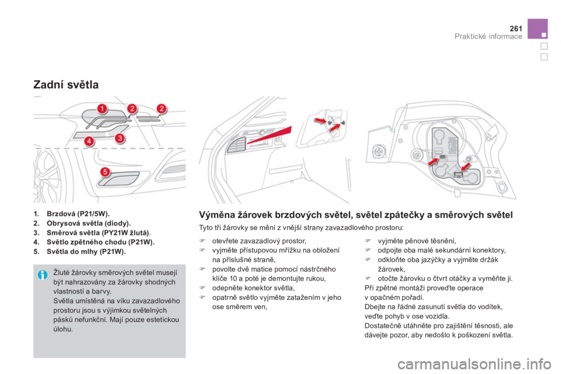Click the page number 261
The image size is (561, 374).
pyautogui.click(x=516, y=29)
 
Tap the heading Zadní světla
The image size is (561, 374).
pyautogui.click(x=66, y=85)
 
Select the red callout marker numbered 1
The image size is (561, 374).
pyautogui.click(x=102, y=109)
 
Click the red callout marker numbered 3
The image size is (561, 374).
pyautogui.click(x=120, y=138)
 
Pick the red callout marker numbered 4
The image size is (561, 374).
pyautogui.click(x=89, y=141)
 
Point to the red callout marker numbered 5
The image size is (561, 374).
pyautogui.click(x=105, y=172)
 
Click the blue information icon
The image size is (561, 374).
pyautogui.click(x=42, y=275)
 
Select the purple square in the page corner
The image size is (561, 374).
pyautogui.click(x=538, y=29)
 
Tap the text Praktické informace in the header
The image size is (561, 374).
pyautogui.click(x=488, y=36)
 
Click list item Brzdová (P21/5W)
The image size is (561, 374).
pyautogui.click(x=71, y=214)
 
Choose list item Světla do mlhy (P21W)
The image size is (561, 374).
pyautogui.click(x=80, y=251)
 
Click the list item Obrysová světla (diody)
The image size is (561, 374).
pyautogui.click(x=82, y=223)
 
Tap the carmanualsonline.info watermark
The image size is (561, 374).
pyautogui.click(x=474, y=365)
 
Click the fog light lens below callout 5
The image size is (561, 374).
pyautogui.click(x=119, y=179)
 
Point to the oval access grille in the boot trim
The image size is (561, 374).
pyautogui.click(x=236, y=144)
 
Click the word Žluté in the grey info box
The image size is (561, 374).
pyautogui.click(x=61, y=273)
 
